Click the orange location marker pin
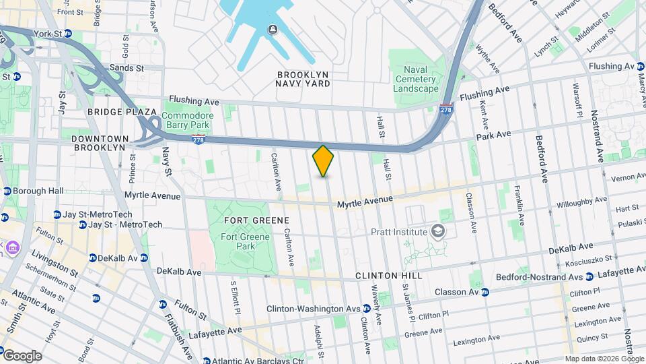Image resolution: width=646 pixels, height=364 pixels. tap(323, 161)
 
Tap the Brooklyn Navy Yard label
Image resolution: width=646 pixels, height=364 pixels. tap(303, 79)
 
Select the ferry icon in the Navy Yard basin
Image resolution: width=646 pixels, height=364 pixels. tap(273, 29)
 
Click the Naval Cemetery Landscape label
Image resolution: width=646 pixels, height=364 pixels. tap(415, 80)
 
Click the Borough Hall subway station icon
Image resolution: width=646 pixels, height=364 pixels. tap(7, 191)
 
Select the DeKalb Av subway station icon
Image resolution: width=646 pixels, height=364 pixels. tap(93, 257)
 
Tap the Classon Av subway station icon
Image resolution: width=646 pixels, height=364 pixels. tap(485, 292)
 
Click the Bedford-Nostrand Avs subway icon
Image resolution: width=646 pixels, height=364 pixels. tap(589, 277)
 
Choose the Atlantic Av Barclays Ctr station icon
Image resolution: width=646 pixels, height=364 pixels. tap(207, 361)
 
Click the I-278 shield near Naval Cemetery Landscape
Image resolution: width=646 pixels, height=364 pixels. tap(445, 110)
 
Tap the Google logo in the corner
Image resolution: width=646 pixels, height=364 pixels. tap(22, 355)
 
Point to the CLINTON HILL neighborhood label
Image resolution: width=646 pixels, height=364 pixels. tap(388, 276)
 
